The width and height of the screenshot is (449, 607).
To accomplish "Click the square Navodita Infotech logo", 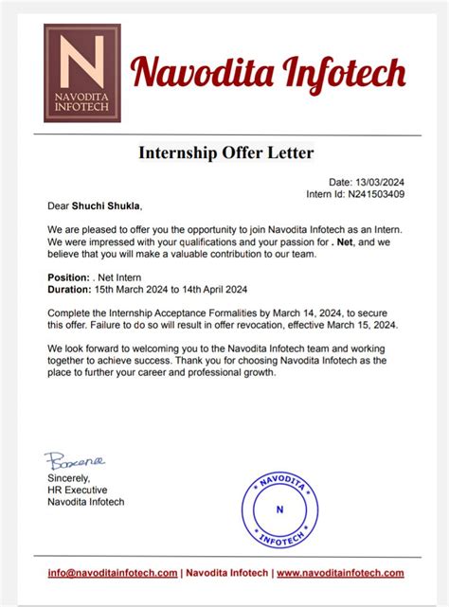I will (x=81, y=73).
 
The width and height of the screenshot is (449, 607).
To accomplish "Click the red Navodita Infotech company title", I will (x=268, y=72).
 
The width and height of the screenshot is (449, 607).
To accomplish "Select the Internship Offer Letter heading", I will (x=225, y=152).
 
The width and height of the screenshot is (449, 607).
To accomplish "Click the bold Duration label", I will (x=68, y=289).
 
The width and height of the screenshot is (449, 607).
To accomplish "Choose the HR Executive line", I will (x=77, y=490).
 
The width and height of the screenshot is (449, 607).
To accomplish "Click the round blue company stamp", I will (x=278, y=509).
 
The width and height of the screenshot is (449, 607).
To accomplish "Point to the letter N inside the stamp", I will (x=278, y=509).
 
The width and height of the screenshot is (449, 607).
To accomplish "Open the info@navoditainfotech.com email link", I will (x=113, y=573).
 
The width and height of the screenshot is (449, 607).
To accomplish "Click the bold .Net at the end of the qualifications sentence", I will (x=344, y=241).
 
